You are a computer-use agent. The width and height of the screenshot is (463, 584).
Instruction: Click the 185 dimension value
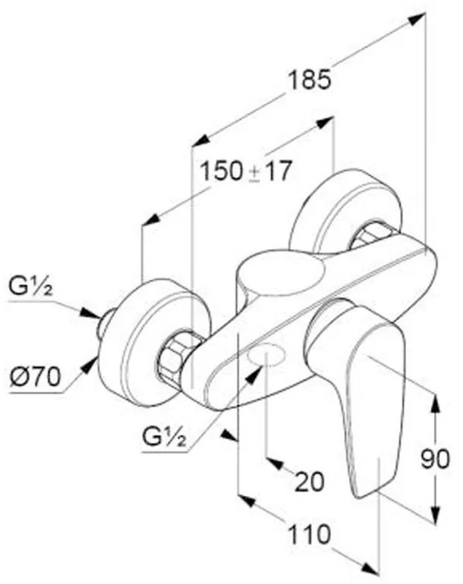click(x=310, y=80)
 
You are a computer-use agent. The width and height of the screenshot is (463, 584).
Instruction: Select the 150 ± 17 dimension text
click(x=246, y=171)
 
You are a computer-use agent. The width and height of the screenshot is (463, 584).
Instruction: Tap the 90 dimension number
click(x=435, y=459)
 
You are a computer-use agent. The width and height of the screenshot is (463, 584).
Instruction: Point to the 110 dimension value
click(x=310, y=535)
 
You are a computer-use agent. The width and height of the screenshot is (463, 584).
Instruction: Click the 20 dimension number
click(x=310, y=482)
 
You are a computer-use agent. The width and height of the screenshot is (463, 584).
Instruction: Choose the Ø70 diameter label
click(x=36, y=378)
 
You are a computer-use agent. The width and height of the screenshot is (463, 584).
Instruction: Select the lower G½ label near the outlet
click(x=164, y=438)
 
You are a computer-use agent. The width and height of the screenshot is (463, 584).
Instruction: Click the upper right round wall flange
click(x=345, y=212)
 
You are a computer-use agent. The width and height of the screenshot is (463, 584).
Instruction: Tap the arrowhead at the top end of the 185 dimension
click(x=417, y=18)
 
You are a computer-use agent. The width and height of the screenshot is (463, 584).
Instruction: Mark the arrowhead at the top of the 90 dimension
click(x=435, y=402)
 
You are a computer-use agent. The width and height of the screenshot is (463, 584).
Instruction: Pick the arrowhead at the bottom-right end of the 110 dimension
click(x=370, y=567)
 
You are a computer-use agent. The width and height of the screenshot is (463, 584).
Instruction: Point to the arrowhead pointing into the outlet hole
click(x=254, y=375)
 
